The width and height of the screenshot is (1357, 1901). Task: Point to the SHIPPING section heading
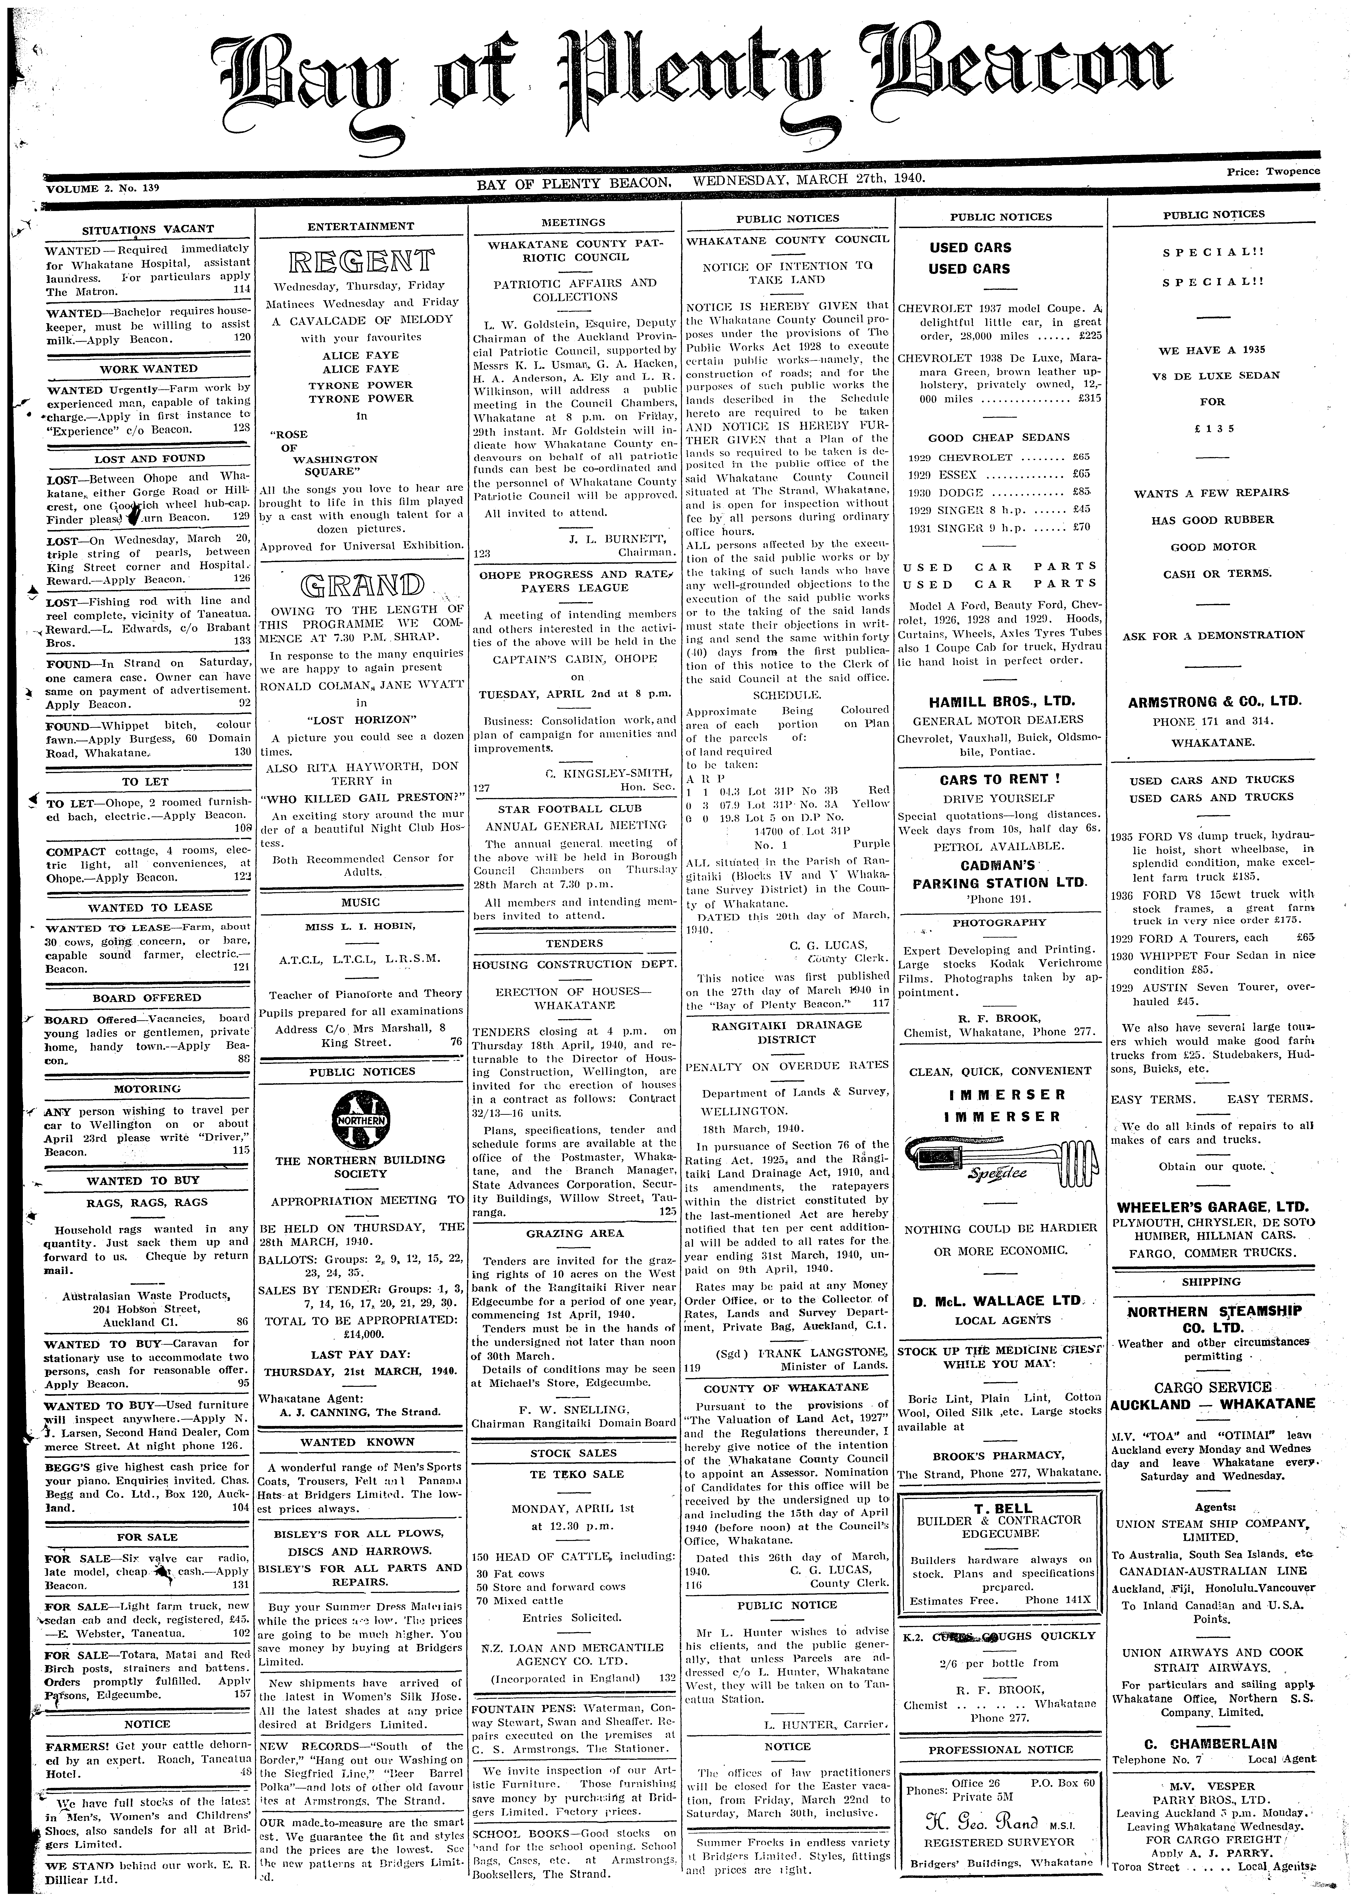pyautogui.click(x=1211, y=1281)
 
